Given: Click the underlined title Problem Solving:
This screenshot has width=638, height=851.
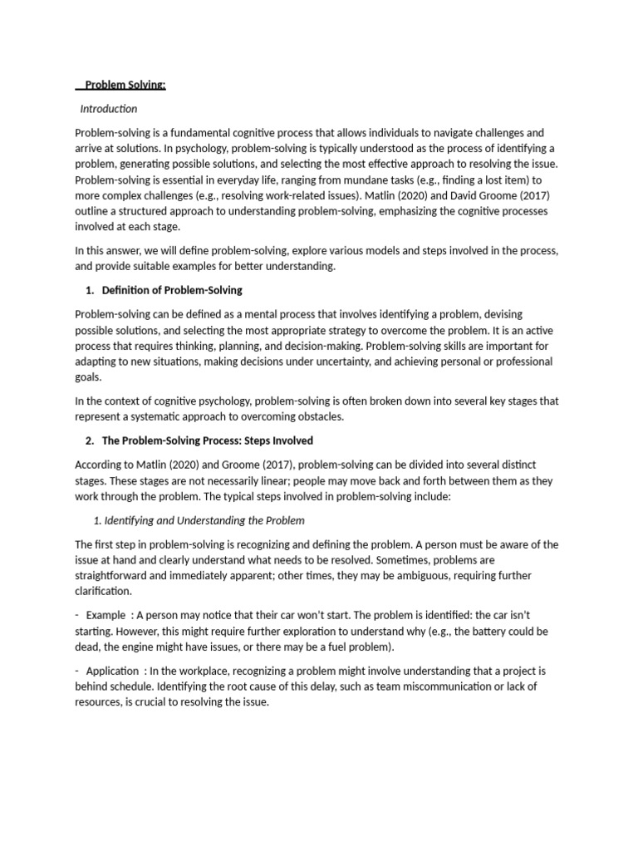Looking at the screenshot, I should (x=125, y=85).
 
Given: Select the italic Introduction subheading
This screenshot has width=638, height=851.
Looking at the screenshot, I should (x=109, y=109).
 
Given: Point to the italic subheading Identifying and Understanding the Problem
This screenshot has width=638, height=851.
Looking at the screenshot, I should (x=204, y=520).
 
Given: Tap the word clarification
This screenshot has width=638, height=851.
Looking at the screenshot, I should (x=103, y=591).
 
